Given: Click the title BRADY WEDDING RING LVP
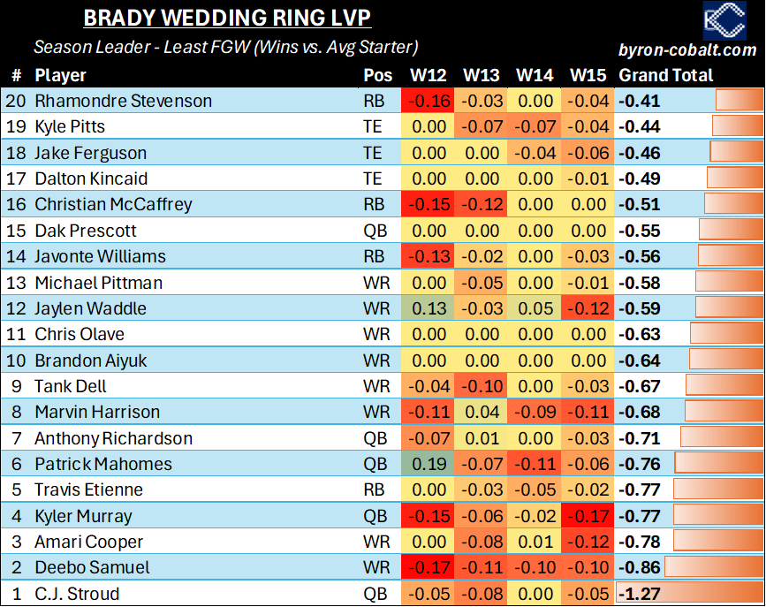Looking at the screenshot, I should point(227,19).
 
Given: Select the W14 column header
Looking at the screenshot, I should point(535,75).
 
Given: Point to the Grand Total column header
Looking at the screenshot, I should point(665,75).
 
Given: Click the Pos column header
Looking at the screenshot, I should point(377,75).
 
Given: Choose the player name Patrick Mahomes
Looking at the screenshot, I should point(103,464).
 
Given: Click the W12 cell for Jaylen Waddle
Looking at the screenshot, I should point(429,308).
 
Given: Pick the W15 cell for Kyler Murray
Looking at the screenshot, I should point(588,516).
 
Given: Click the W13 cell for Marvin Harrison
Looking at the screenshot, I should point(482,412).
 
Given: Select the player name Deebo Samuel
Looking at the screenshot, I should point(92,567).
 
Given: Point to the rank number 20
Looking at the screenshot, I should point(15,101).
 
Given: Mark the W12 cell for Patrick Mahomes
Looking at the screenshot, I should point(429,464).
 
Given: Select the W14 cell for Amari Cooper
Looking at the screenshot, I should point(535,542).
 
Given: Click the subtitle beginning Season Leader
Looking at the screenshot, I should point(225,47).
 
